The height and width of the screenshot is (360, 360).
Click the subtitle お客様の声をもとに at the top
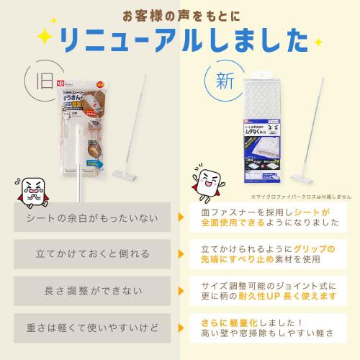coord(179,15)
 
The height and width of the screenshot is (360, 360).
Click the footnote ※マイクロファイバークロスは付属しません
coord(298,195)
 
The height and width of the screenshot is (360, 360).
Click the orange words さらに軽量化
coord(220,321)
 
